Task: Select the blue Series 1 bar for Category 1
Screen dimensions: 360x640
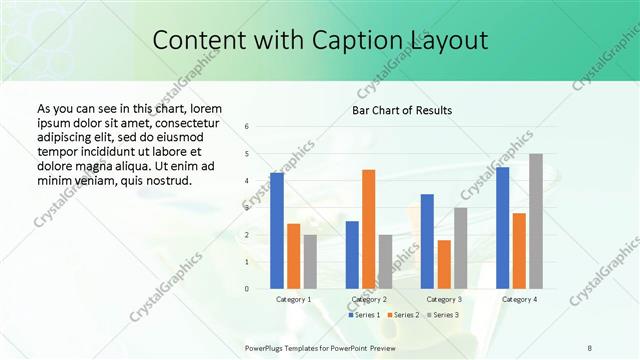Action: click(277, 230)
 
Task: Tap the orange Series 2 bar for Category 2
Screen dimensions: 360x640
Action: click(369, 229)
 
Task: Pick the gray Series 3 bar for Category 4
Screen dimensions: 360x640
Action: click(536, 221)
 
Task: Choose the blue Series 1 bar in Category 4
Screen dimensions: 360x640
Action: click(502, 227)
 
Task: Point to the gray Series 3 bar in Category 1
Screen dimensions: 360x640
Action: click(310, 261)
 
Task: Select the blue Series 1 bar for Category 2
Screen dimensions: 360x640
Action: click(352, 254)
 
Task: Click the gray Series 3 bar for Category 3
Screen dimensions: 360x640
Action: click(461, 248)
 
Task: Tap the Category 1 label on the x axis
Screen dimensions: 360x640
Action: click(293, 299)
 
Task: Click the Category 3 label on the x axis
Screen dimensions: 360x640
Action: click(444, 299)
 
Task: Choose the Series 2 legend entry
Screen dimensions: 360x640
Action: click(402, 315)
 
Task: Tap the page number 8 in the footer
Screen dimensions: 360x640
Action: click(589, 346)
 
